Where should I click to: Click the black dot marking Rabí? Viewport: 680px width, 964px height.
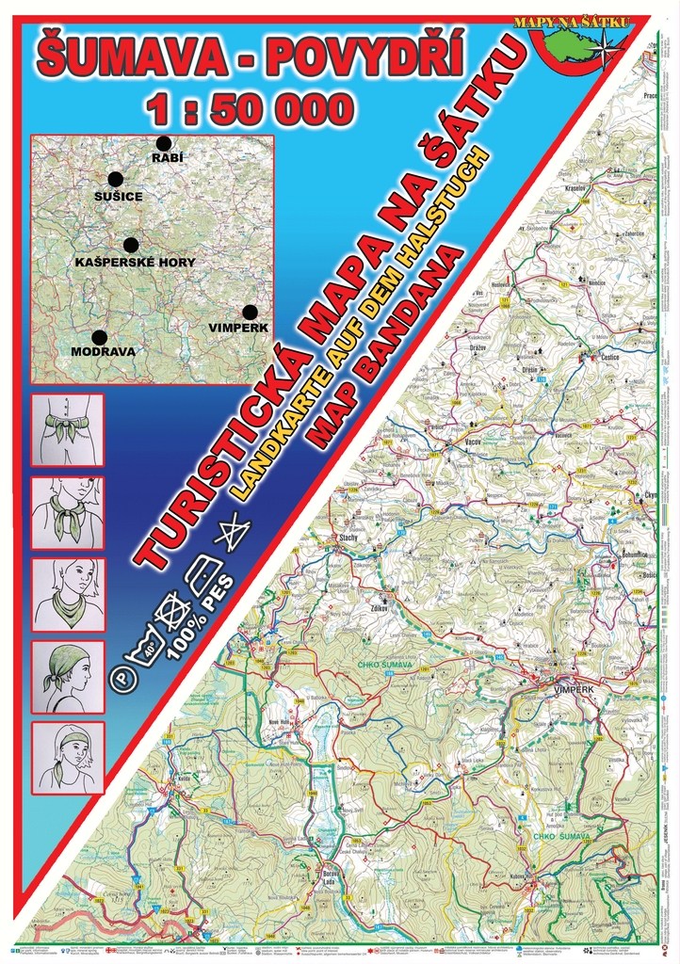coord(164,143)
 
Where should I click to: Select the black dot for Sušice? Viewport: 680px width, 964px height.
coord(116,179)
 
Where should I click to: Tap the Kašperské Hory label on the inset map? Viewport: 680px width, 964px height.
coord(135,263)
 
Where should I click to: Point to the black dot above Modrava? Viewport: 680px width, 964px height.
coord(100,337)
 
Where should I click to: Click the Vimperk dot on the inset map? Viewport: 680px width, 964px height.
coord(250,312)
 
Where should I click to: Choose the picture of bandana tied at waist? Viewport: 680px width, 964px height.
coord(68,430)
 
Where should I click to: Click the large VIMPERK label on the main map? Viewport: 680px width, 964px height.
coord(577,688)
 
